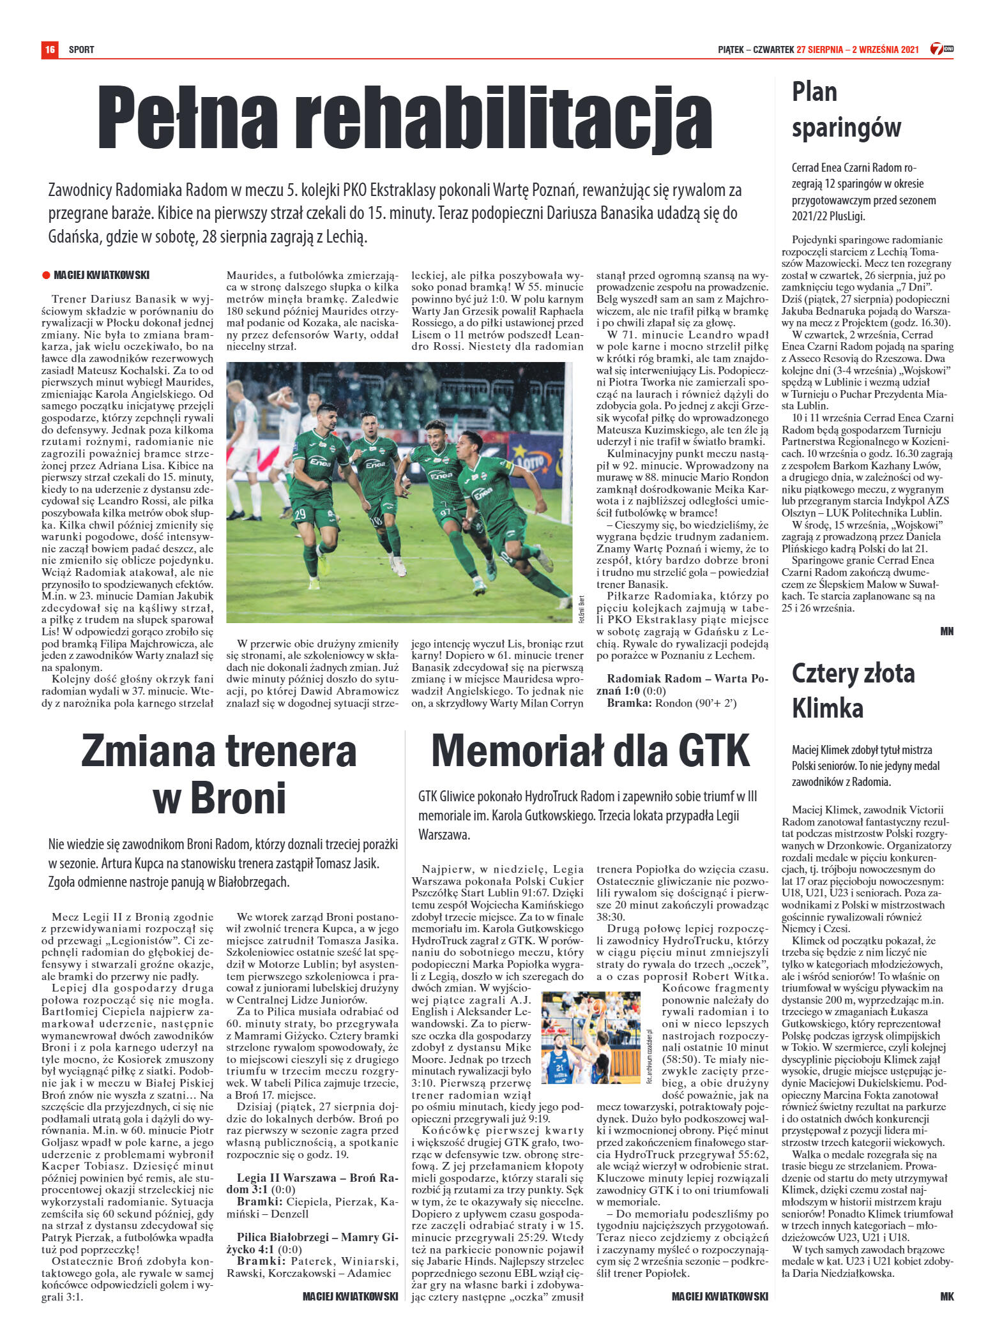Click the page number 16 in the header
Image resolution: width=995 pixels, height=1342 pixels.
(49, 49)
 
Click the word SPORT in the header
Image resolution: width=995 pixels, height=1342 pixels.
(81, 50)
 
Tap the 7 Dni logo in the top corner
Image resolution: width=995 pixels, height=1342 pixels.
(941, 49)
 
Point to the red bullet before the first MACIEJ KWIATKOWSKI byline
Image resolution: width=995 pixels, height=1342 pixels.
(46, 276)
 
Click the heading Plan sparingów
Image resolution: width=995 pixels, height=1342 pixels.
(846, 110)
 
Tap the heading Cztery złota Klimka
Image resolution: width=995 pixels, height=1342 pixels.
(853, 691)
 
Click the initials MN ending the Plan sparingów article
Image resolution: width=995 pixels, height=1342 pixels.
(946, 631)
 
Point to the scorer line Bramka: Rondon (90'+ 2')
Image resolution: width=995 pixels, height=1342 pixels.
(671, 704)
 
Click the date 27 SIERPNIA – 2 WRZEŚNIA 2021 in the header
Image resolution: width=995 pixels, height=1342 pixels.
(858, 50)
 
